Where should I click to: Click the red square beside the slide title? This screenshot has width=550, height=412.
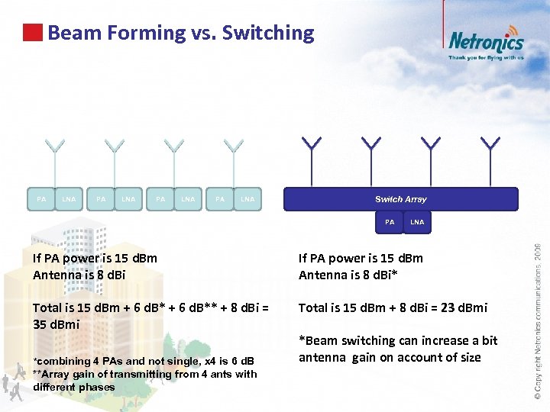[33, 33]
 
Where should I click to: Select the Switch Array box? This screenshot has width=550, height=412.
[401, 199]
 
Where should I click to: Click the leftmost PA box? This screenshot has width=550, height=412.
[41, 199]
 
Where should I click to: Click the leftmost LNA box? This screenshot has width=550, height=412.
[69, 199]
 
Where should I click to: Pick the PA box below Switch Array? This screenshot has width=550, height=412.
[390, 222]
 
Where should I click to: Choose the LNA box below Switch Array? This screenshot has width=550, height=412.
[416, 222]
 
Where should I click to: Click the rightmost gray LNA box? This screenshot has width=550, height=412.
[247, 199]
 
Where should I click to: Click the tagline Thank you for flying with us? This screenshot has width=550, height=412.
[486, 57]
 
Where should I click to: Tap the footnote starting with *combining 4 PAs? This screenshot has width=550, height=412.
[143, 360]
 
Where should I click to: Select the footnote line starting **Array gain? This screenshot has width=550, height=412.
[145, 373]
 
